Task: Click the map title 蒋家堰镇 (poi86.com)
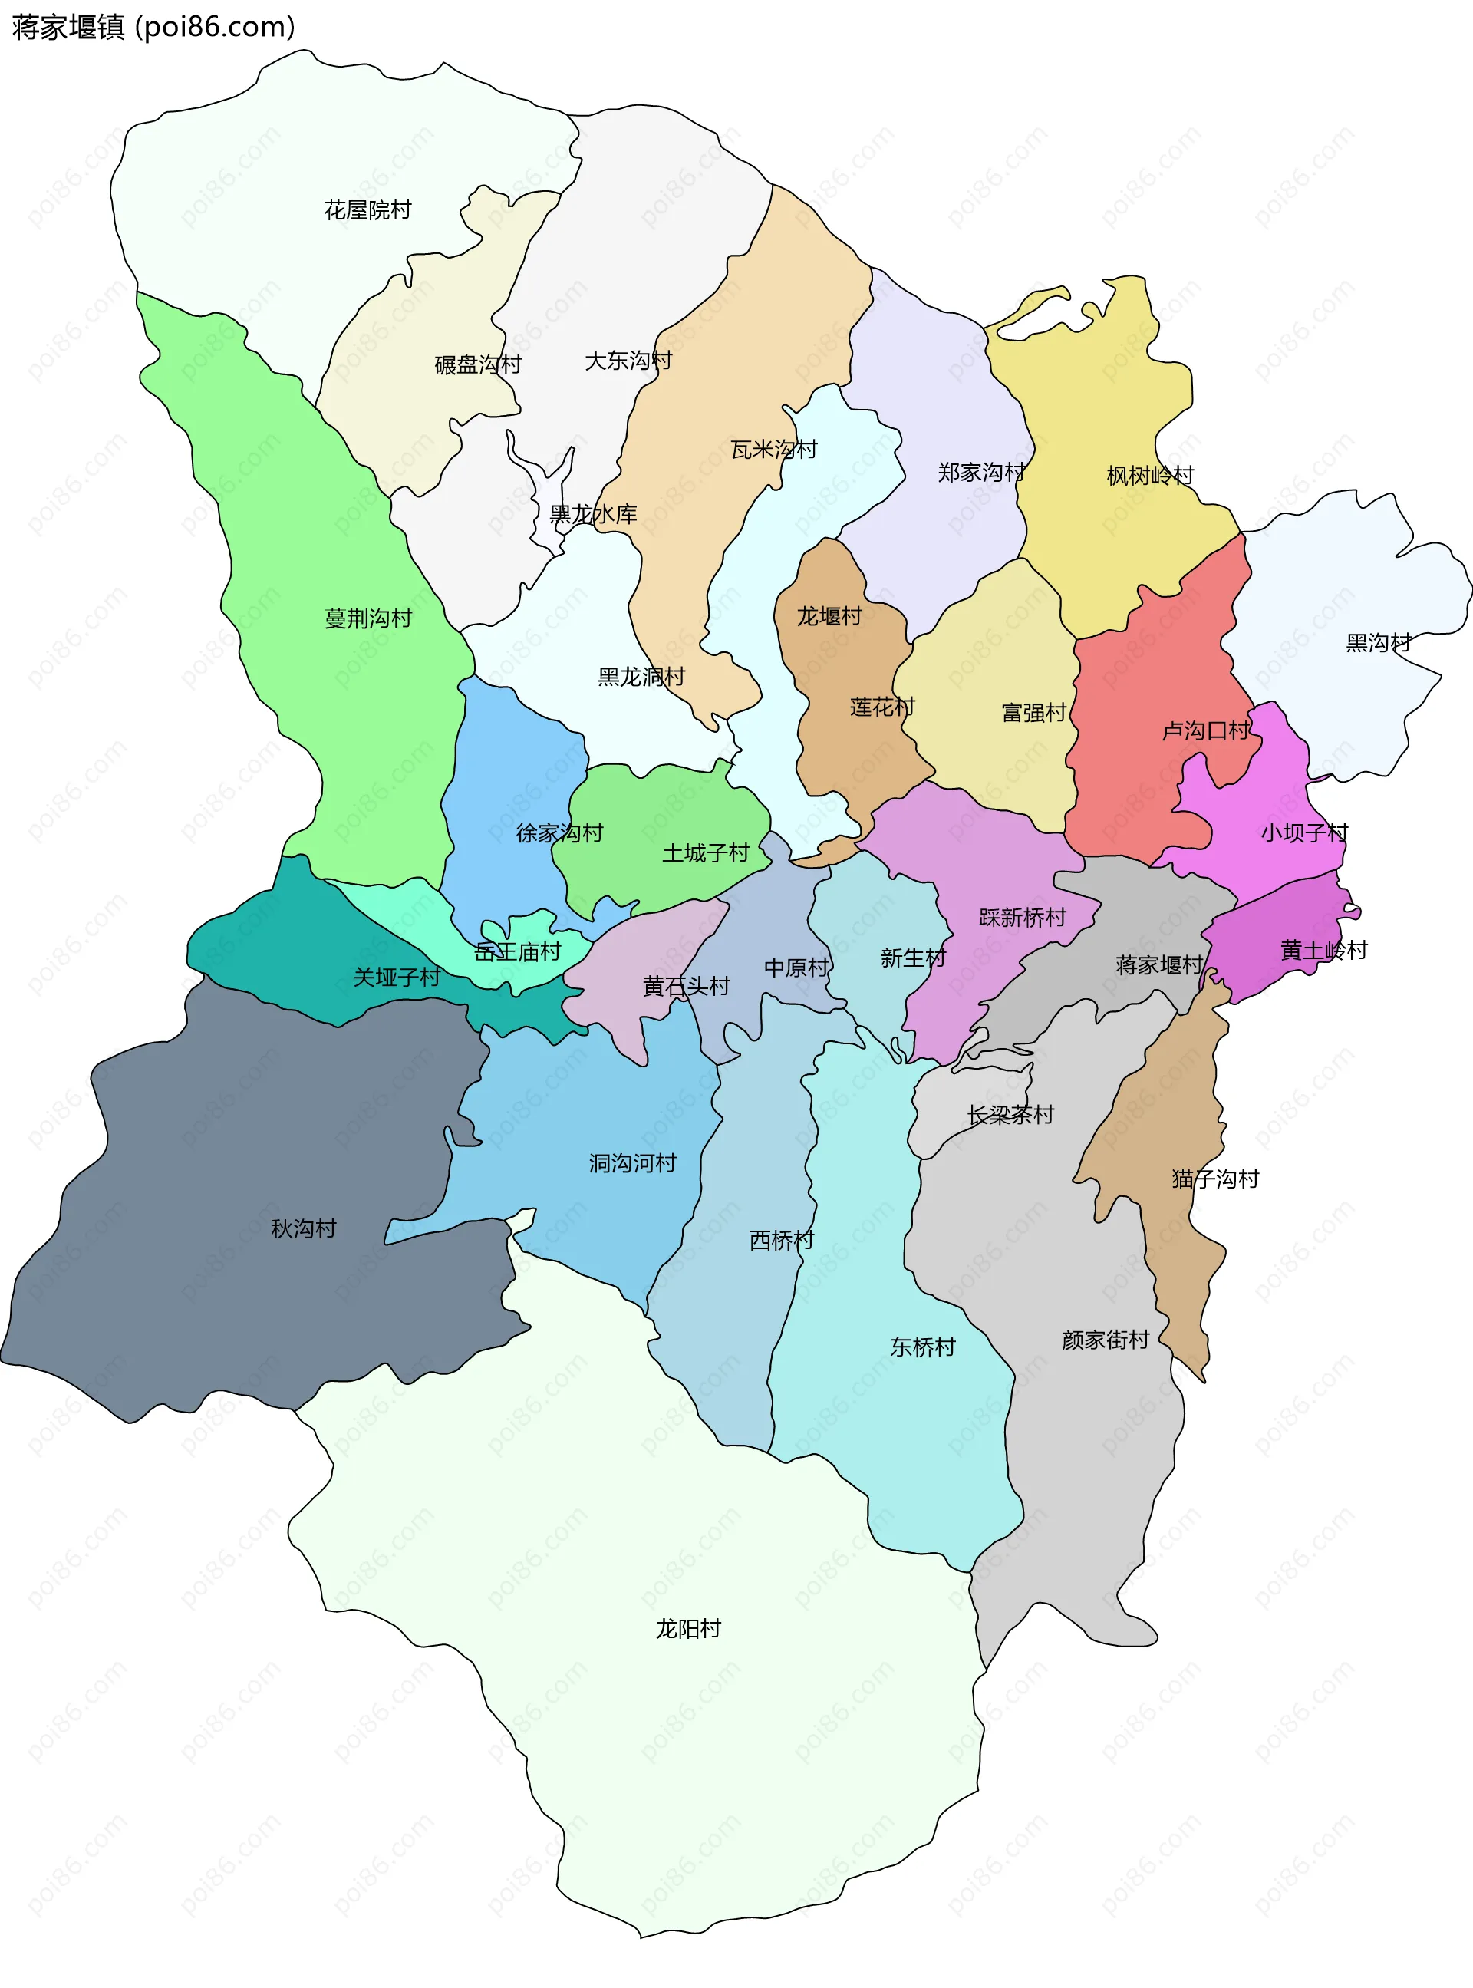[x=153, y=27]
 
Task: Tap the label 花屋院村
[x=367, y=210]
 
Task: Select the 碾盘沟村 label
[x=477, y=364]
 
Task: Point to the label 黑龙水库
[x=593, y=514]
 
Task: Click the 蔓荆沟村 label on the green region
[x=368, y=618]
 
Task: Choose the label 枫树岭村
[x=1149, y=475]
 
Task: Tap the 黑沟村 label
[x=1378, y=643]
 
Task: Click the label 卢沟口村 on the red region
[x=1205, y=731]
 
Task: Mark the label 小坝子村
[x=1303, y=832]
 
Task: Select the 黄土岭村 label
[x=1323, y=951]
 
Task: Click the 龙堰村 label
[x=829, y=616]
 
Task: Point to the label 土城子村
[x=705, y=853]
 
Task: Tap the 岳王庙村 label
[x=517, y=952]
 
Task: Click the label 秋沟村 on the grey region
[x=303, y=1229]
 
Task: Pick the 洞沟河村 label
[x=632, y=1163]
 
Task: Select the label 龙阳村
[x=687, y=1629]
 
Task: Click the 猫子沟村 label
[x=1214, y=1179]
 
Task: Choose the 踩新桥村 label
[x=1022, y=918]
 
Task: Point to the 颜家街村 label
[x=1105, y=1340]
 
